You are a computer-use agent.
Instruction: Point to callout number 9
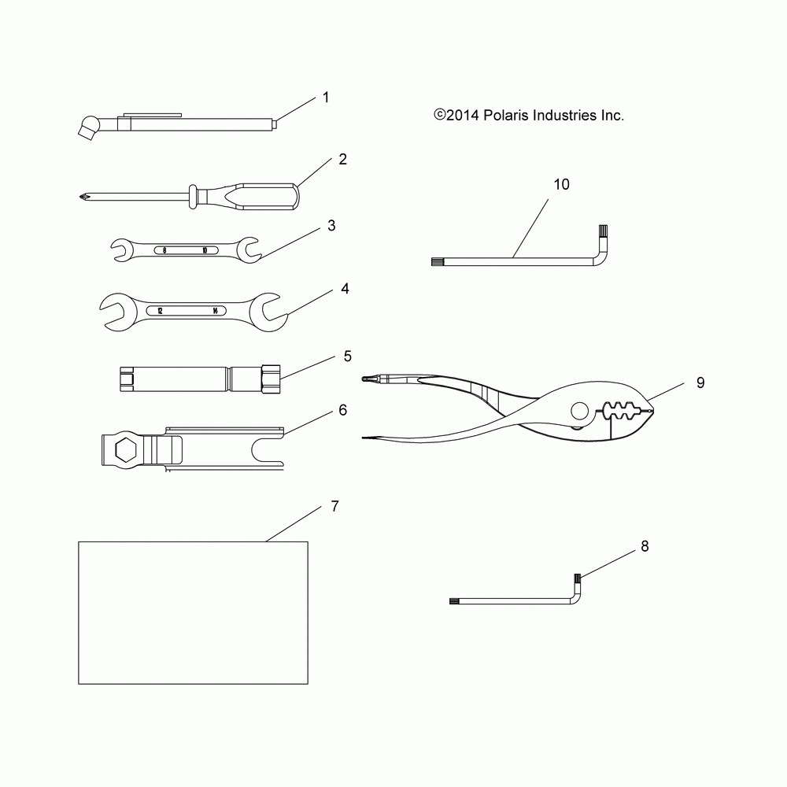tap(700, 383)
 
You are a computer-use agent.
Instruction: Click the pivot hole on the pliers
tap(580, 411)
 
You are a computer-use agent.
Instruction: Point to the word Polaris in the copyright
tap(505, 116)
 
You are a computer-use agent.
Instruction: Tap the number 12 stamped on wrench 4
tap(160, 311)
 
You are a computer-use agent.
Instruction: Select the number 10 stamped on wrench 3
tap(205, 250)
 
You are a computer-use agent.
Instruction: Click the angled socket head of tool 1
tap(87, 127)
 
